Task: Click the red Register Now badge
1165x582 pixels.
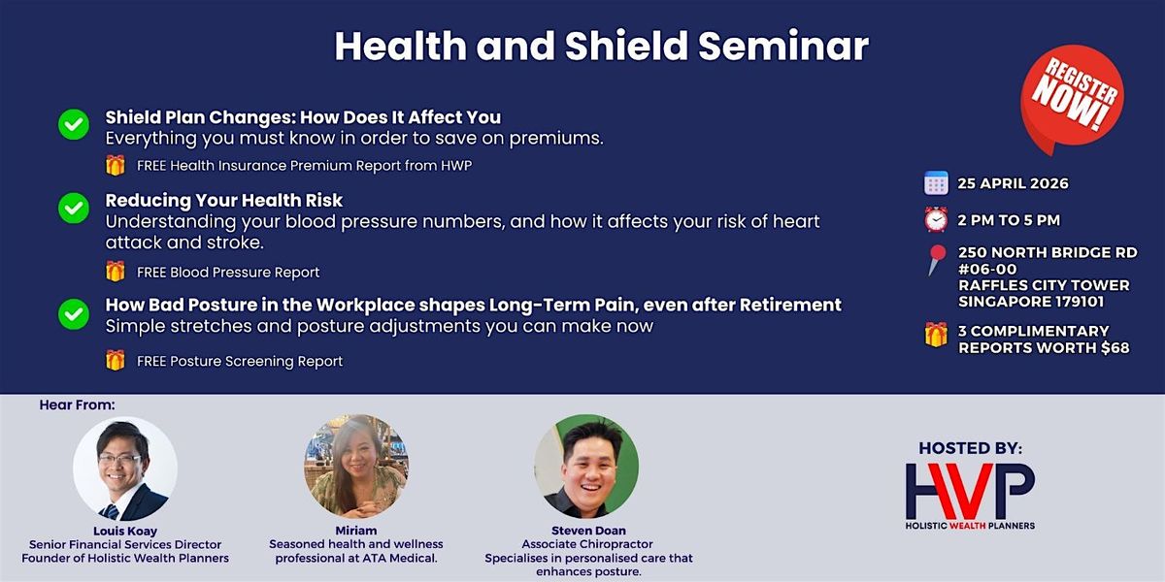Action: pos(1072,96)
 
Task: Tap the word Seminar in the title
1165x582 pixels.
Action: pos(783,47)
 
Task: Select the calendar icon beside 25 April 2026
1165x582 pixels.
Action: pos(936,183)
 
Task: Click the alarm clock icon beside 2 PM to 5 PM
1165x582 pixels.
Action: pos(936,219)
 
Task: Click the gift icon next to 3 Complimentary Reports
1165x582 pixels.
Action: pos(936,335)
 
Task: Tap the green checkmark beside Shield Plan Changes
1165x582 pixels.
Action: pos(74,124)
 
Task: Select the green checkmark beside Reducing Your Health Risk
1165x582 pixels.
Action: pos(74,208)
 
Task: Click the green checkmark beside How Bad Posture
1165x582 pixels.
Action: pos(74,314)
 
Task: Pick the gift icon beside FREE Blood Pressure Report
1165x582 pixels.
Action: pos(115,272)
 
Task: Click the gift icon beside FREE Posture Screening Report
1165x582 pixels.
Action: pos(115,360)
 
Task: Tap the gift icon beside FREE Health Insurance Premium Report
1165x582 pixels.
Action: pos(115,165)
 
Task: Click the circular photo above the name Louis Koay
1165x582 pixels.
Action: pos(125,469)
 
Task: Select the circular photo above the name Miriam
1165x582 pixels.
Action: pos(356,467)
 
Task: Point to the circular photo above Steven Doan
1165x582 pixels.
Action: pos(586,467)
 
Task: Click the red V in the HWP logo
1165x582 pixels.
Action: pos(971,491)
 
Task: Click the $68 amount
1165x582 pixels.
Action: pos(1115,347)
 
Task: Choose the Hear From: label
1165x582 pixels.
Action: pos(77,404)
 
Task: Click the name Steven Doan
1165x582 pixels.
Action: pos(588,531)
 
